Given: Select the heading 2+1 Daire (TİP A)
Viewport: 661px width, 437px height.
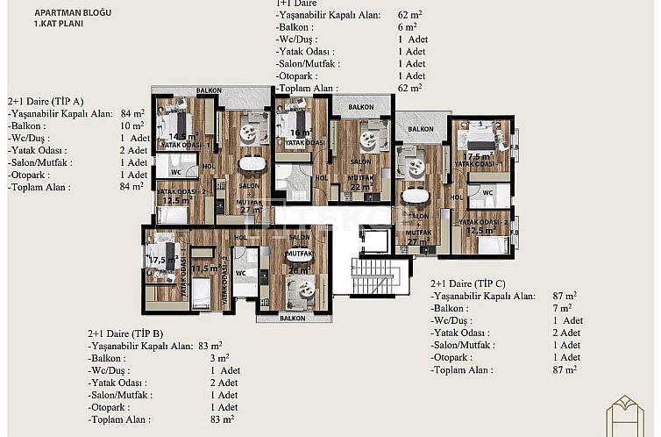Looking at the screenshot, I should (46, 101).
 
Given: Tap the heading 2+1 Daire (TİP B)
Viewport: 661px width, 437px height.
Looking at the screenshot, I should (125, 334).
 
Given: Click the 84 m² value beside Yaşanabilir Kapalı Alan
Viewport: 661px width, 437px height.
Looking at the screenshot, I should (131, 113).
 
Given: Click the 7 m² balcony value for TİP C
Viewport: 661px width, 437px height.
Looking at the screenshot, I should (565, 308).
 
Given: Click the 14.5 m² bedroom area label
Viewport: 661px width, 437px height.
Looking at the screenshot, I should (182, 137).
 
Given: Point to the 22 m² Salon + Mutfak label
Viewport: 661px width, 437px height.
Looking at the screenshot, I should (360, 186).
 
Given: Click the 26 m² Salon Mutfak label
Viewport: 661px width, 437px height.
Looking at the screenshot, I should (298, 270).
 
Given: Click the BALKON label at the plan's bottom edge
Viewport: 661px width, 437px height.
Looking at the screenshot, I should (293, 319).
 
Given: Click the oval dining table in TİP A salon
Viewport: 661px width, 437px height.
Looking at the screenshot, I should (252, 163).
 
